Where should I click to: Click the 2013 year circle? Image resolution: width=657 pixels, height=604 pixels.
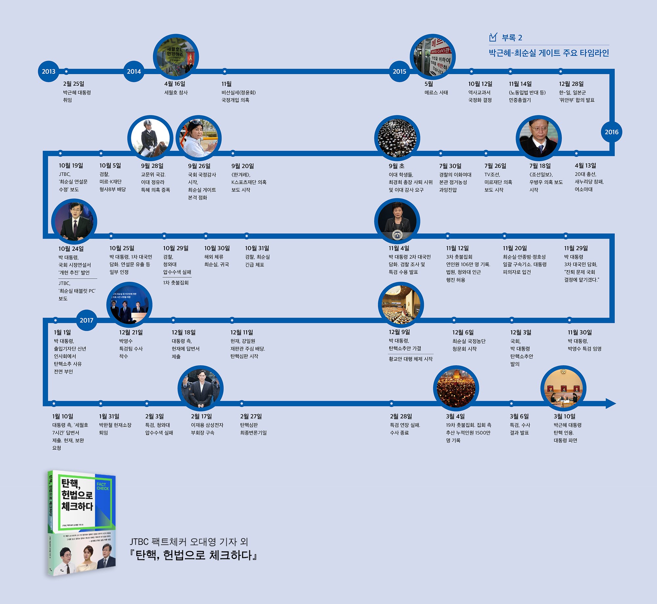[x=49, y=71]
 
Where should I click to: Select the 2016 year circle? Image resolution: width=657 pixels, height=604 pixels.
[x=611, y=132]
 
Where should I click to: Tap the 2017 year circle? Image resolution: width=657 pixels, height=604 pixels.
[x=86, y=320]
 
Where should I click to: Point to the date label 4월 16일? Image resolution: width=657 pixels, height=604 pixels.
[x=175, y=84]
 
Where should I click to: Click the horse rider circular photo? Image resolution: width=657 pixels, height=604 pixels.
[x=150, y=138]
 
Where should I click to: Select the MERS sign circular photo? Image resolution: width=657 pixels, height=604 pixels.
[x=433, y=57]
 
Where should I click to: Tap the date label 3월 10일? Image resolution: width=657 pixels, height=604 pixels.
[x=564, y=416]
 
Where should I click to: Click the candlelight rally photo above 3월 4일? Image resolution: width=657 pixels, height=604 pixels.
[x=456, y=388]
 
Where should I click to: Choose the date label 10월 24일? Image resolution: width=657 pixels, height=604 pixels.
[x=71, y=249]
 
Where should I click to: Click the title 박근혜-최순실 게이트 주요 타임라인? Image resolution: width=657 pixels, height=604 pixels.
[x=549, y=53]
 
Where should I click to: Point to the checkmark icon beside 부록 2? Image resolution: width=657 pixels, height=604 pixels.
[x=493, y=37]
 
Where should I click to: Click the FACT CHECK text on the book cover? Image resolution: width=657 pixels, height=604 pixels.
[x=102, y=486]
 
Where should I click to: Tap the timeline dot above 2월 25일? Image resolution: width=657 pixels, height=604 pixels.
[x=66, y=71]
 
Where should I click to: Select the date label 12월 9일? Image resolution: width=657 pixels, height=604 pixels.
[x=399, y=332]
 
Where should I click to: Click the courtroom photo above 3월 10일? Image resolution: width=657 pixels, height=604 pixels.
[x=563, y=388]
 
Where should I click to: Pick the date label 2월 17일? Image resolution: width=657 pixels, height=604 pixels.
[x=201, y=416]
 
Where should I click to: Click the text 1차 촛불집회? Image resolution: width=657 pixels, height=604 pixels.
[x=176, y=283]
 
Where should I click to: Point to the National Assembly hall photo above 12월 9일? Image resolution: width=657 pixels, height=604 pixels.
[x=401, y=305]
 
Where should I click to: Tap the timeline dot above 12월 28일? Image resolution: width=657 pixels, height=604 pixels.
[x=560, y=71]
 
